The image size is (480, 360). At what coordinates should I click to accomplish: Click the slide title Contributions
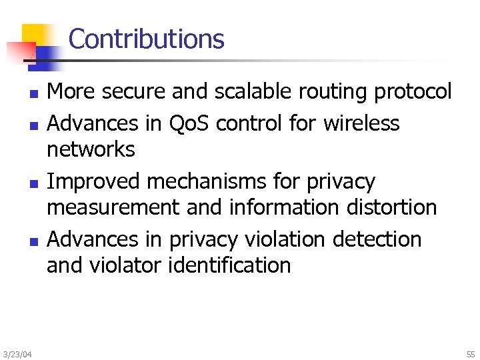click(146, 39)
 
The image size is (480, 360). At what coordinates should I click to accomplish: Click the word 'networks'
click(91, 149)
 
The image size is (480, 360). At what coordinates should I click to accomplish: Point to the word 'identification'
click(229, 265)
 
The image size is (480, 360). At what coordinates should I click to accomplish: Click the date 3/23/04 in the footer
click(16, 353)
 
